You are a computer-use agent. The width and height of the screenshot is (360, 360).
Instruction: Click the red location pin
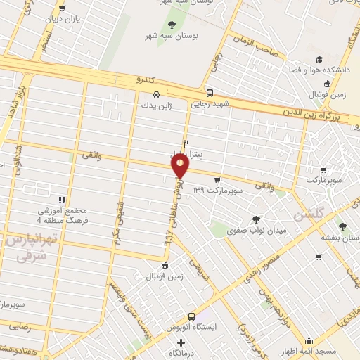(181, 167)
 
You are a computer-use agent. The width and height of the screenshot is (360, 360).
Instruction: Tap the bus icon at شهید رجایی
(210, 93)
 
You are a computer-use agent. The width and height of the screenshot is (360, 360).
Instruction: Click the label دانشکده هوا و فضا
(314, 71)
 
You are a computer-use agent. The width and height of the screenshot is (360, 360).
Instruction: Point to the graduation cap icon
(319, 60)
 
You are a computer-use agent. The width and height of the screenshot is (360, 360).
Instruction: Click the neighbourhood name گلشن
(307, 214)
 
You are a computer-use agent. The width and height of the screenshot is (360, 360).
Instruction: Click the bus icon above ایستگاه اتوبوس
(191, 317)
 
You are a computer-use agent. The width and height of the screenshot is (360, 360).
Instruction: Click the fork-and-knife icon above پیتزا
(186, 142)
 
